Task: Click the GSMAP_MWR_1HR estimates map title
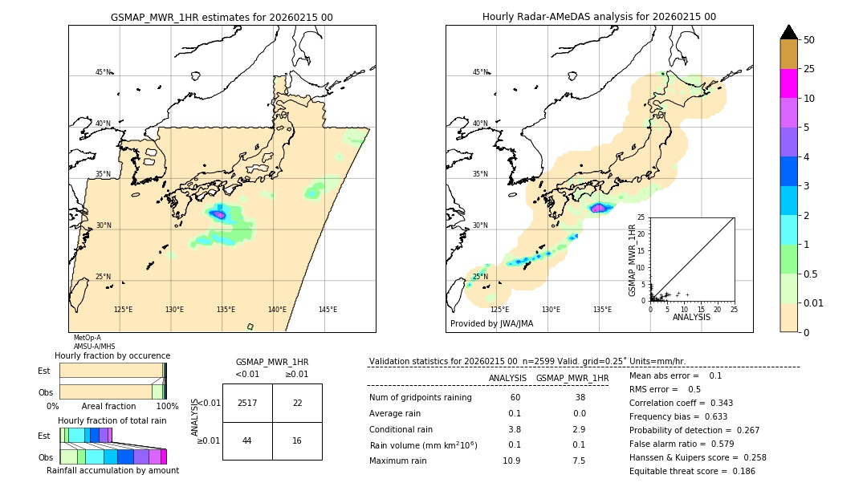(x=222, y=17)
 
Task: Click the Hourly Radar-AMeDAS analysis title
(x=599, y=17)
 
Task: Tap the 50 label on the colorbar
(x=809, y=40)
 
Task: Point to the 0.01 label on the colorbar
(x=814, y=302)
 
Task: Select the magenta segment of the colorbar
(x=788, y=83)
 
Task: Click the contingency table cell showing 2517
(x=247, y=403)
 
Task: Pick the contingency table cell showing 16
(x=297, y=441)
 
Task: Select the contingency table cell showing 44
(x=247, y=441)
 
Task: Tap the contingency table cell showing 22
(x=297, y=403)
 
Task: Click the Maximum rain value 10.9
(x=511, y=461)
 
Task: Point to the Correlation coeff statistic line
(x=681, y=403)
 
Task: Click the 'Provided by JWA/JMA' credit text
(x=491, y=324)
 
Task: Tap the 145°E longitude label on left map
(x=328, y=310)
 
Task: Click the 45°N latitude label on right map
(x=480, y=72)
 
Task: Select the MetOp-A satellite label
(x=87, y=338)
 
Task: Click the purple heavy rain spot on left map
(x=218, y=214)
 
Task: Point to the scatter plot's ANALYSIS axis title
(x=691, y=317)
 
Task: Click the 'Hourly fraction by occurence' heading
(x=112, y=355)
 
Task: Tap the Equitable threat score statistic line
(x=692, y=471)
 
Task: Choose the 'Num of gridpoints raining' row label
(x=420, y=397)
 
